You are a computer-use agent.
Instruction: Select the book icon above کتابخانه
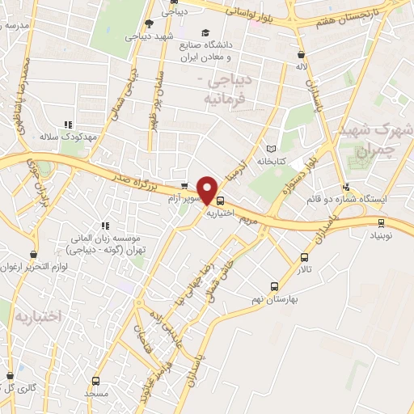click(270, 149)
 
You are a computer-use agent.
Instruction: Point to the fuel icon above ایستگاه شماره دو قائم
click(347, 186)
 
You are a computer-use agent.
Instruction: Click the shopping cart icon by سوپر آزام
click(184, 186)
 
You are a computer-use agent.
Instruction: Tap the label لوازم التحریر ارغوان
click(36, 267)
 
